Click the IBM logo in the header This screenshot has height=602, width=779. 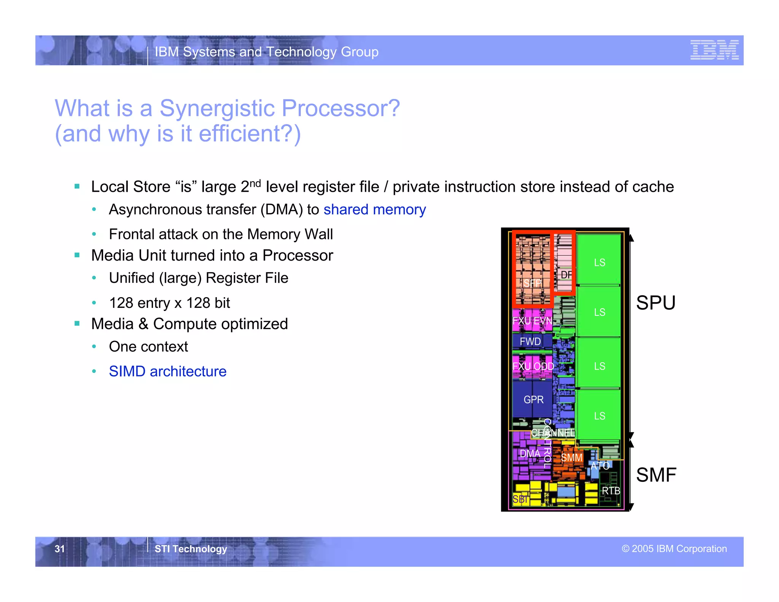(x=714, y=50)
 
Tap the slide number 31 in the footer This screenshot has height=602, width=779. (x=60, y=548)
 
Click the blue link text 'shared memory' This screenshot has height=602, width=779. (x=374, y=210)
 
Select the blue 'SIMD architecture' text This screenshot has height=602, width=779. (x=167, y=371)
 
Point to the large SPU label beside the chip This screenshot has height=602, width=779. (x=655, y=303)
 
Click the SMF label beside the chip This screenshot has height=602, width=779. (x=656, y=475)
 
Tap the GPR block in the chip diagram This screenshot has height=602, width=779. (x=533, y=400)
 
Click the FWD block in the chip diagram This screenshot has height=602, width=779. (x=530, y=341)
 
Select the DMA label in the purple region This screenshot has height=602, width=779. (x=530, y=454)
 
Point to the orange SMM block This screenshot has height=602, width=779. (x=571, y=458)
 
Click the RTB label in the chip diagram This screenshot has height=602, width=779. (x=610, y=491)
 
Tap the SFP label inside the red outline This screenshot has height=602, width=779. (x=532, y=283)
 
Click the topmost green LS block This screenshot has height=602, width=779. (x=599, y=262)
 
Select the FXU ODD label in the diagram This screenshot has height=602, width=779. (x=533, y=366)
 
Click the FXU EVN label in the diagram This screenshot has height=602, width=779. (x=532, y=321)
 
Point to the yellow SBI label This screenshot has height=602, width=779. (x=520, y=499)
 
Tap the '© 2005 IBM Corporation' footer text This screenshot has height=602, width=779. (x=674, y=548)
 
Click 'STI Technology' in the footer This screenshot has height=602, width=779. (x=191, y=549)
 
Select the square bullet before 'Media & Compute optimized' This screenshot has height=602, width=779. (x=77, y=324)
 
